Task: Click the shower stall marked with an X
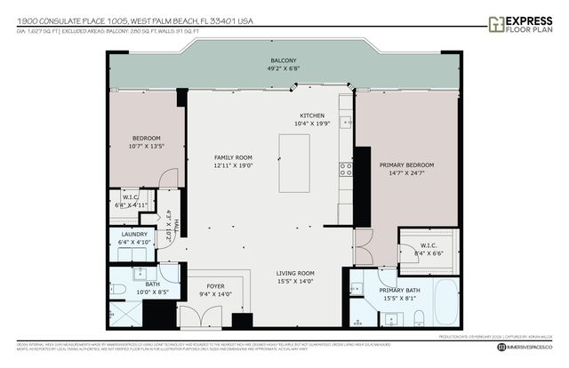(x=124, y=314)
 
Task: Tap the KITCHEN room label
(x=311, y=116)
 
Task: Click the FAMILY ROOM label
(x=233, y=157)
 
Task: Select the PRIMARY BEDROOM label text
(x=406, y=165)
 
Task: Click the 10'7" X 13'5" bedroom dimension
(x=146, y=147)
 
